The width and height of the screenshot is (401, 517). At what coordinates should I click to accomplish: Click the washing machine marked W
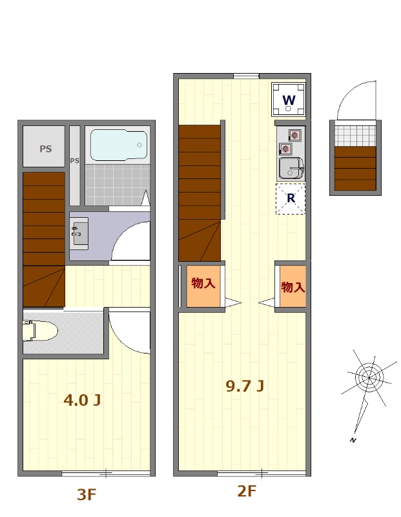pos(289,100)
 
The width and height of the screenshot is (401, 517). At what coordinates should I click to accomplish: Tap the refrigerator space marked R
pos(291,199)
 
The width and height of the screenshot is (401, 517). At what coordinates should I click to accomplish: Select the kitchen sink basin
pos(291,168)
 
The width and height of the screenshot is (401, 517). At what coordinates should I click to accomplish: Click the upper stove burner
pos(294,135)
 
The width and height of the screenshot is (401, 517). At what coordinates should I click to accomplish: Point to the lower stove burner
pos(285,149)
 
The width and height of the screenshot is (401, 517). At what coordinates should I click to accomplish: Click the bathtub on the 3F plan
pos(119,145)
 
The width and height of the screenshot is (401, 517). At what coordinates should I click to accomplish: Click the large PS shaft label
pos(46,149)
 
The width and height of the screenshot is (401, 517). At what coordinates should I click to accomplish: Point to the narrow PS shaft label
pos(75,160)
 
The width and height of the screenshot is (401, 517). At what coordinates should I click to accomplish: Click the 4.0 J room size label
pos(82,400)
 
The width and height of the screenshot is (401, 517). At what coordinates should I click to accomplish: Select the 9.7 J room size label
pos(245,386)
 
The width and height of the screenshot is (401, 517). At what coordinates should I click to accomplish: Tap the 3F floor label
pos(87,494)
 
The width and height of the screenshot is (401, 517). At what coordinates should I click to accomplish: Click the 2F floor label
pos(247,491)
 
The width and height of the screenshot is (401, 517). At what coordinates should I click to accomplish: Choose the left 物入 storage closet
pos(203,286)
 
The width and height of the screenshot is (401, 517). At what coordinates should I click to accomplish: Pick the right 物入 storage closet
pos(293,286)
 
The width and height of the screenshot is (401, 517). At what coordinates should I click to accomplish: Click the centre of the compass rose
pos(369,377)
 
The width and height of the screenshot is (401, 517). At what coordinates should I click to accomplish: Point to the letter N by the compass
pos(353,439)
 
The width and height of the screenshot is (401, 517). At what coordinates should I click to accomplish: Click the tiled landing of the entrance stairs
pos(355,134)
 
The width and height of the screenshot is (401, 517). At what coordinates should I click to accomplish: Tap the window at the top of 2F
pos(246,76)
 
